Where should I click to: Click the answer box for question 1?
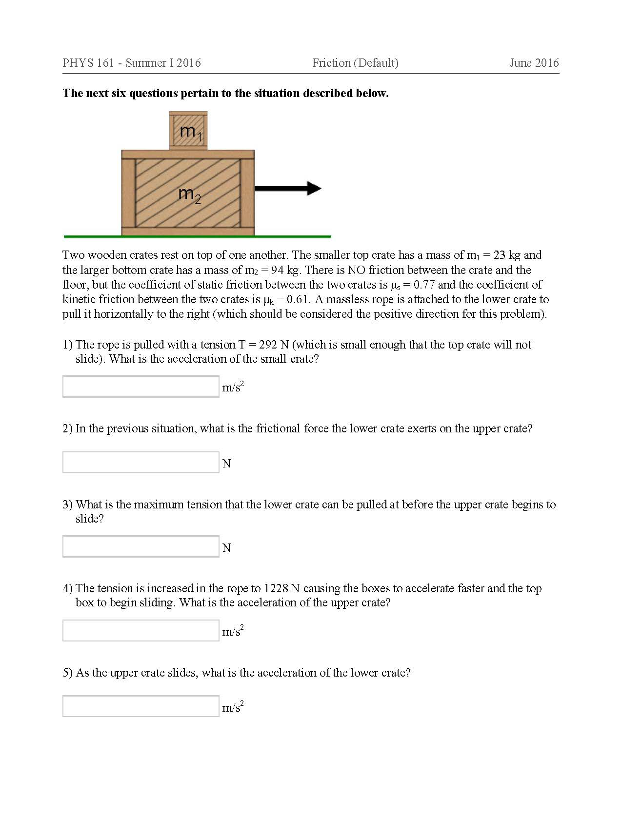(140, 387)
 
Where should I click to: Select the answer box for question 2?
(140, 462)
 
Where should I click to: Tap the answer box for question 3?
(140, 546)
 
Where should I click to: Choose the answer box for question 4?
(140, 630)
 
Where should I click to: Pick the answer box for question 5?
(140, 706)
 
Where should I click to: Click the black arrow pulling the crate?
(288, 188)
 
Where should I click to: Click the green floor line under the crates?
(197, 236)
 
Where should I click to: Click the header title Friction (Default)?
(355, 63)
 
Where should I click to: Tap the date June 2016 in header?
(534, 63)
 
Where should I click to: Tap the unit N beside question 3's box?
(226, 548)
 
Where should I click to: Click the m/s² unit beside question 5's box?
(233, 707)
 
